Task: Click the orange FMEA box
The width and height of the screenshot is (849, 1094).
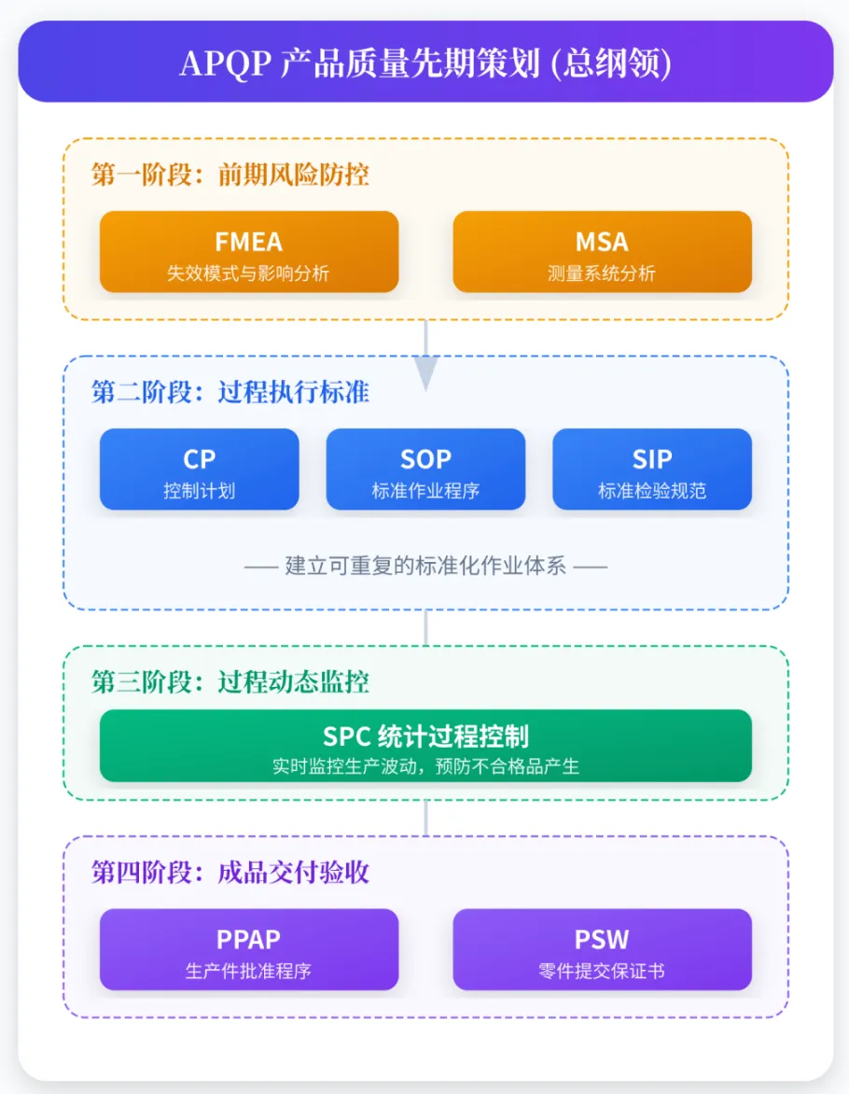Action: pos(248,251)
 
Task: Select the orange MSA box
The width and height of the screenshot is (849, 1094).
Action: pos(602,251)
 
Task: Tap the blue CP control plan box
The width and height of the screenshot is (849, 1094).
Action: pos(199,469)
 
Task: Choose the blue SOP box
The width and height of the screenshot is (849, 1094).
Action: pos(425,469)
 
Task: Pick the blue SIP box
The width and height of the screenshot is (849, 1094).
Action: pos(651,469)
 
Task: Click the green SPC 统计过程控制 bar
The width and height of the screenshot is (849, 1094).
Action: pos(425,745)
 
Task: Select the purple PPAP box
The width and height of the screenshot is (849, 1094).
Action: pos(248,948)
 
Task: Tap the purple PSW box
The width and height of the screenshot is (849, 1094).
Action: pos(602,948)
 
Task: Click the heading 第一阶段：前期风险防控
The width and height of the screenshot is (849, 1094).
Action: pos(230,175)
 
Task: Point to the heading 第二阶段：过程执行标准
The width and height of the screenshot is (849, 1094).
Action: pos(230,392)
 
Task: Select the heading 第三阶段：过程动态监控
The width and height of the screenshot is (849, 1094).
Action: pos(230,682)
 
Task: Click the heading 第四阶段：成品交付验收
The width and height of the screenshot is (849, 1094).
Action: pos(230,873)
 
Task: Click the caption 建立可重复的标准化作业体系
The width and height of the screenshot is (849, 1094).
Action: pos(425,566)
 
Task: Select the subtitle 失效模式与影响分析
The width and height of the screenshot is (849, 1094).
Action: pos(248,273)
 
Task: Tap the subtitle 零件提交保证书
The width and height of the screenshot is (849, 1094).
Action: pos(602,971)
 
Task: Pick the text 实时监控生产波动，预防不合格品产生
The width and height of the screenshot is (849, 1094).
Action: pos(425,766)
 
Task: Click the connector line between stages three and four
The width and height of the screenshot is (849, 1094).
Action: pos(425,818)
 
